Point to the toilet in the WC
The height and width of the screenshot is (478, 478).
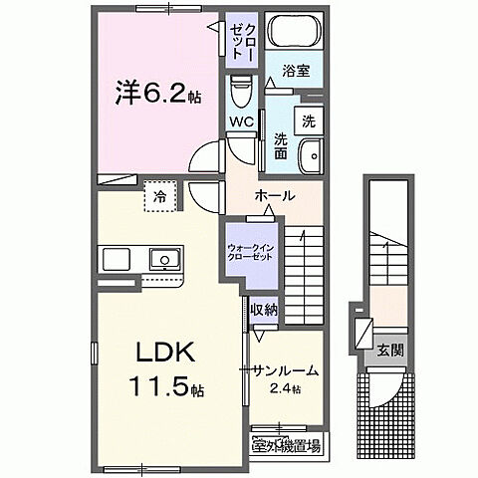pos(238,96)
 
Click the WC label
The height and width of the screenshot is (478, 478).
pos(242,122)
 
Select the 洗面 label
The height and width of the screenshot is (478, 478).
pos(282,146)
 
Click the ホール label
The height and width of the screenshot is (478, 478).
pos(274,195)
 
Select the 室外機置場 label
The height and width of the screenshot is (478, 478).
pos(285,445)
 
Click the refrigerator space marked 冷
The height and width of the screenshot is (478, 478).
pos(158,197)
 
